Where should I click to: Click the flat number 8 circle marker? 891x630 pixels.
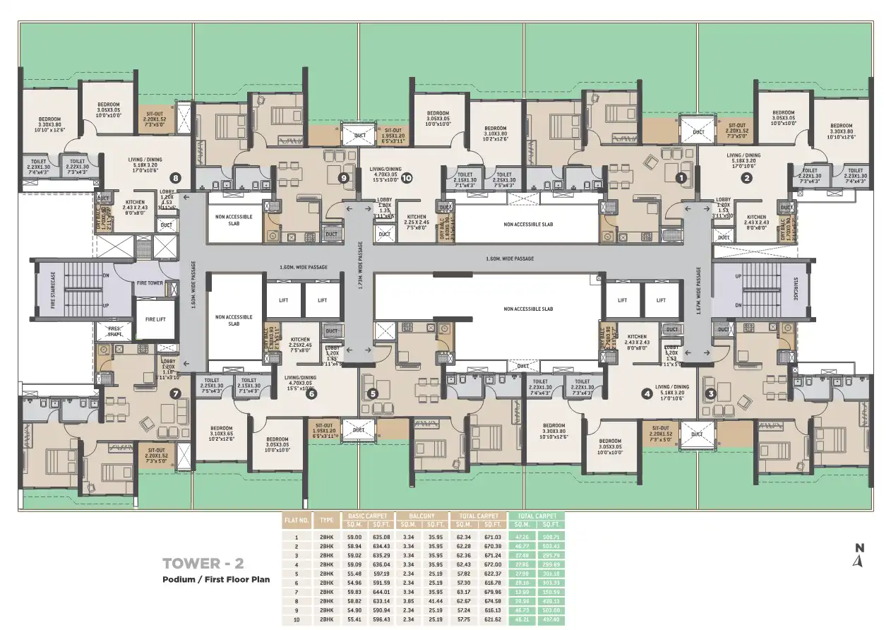click(176, 178)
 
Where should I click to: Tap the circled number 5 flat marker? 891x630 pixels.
click(373, 393)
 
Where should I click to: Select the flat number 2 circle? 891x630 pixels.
click(746, 178)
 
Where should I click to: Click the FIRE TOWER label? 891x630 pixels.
click(150, 283)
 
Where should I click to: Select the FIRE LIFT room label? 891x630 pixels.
click(155, 319)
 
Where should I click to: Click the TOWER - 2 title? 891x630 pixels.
click(203, 564)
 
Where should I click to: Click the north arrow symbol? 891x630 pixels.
click(859, 557)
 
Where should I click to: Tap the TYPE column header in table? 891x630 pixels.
click(326, 520)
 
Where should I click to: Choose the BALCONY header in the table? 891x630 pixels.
click(422, 516)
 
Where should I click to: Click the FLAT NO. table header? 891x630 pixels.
click(296, 520)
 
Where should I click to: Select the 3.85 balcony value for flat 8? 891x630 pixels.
click(407, 600)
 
